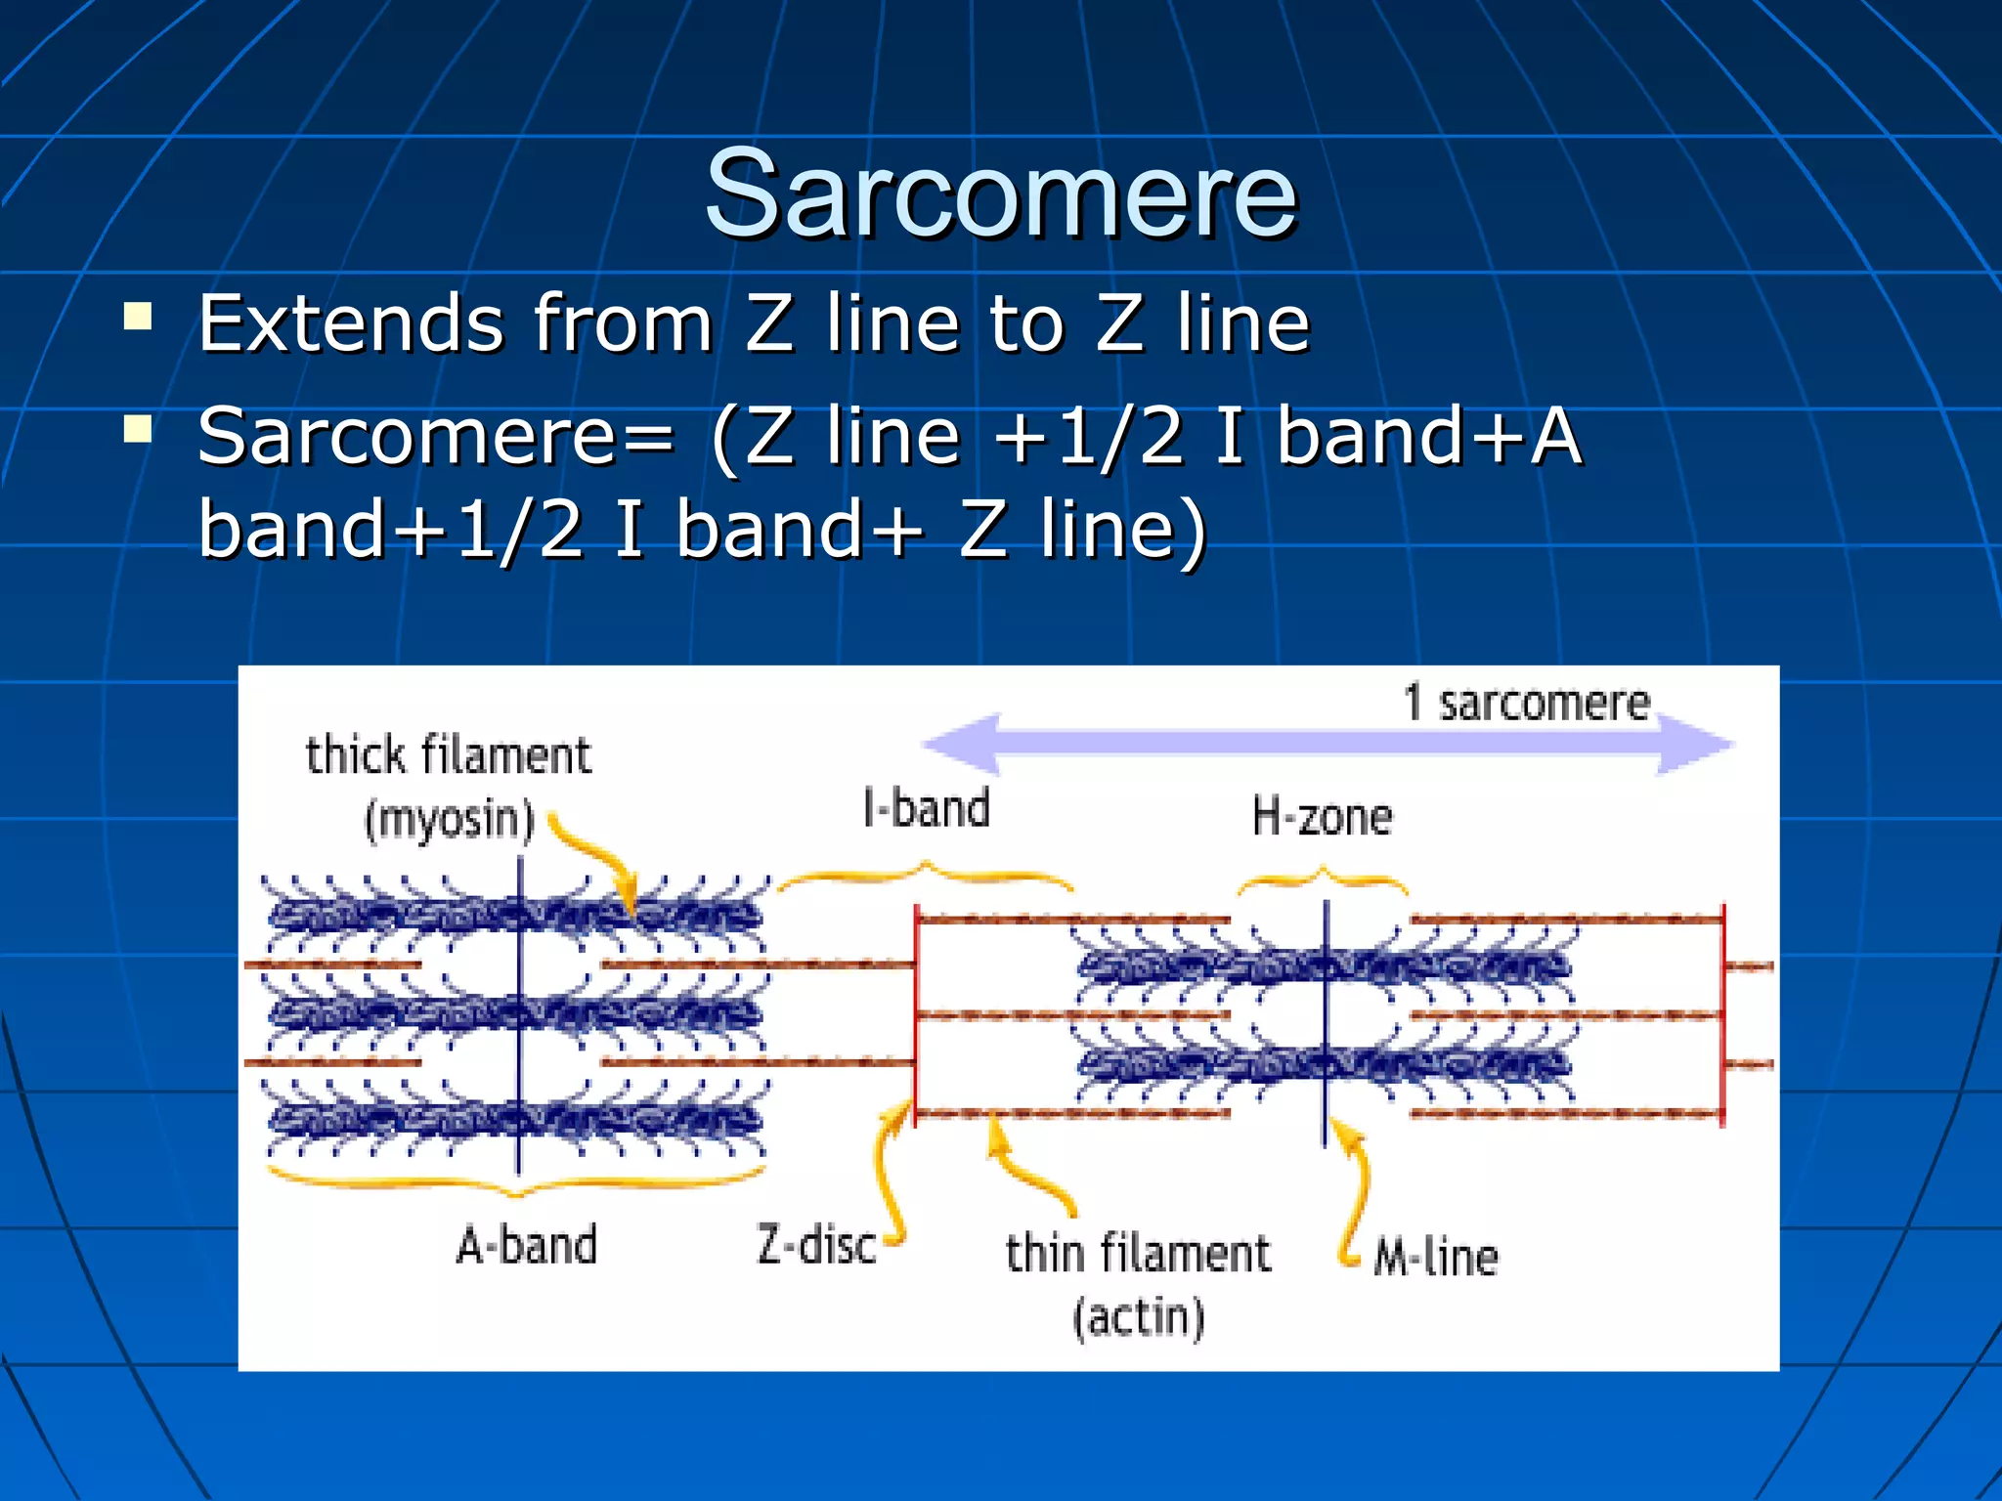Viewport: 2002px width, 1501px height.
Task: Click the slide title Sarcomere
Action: pos(1000,193)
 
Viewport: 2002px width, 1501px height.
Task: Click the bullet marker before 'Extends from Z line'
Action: pos(139,317)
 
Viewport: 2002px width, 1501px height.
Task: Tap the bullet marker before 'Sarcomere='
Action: pos(139,429)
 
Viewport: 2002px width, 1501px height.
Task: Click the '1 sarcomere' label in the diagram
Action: pos(1526,703)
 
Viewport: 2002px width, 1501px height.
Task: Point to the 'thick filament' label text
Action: pos(449,755)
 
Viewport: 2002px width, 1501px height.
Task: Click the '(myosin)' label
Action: pos(449,819)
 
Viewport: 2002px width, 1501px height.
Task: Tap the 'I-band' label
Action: pos(927,809)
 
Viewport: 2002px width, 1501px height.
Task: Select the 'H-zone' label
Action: pos(1322,816)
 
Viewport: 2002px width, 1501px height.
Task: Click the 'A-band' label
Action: pos(526,1246)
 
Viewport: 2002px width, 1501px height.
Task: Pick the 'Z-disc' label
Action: pos(816,1246)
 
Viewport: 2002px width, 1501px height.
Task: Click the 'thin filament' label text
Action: pos(1138,1254)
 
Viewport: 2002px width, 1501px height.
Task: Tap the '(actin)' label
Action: pos(1138,1317)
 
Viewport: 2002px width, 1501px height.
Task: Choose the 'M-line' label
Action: pos(1435,1257)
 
